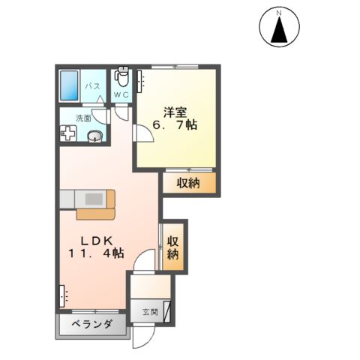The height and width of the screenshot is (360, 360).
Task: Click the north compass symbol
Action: pos(278,27)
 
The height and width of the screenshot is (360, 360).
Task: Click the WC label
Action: pos(121,96)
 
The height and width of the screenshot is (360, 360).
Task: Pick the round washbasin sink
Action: pos(94,136)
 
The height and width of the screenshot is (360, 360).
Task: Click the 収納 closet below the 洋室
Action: pos(189,184)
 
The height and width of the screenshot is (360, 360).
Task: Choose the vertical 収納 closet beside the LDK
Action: pos(173,247)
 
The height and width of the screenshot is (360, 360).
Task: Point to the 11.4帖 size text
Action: pos(97,254)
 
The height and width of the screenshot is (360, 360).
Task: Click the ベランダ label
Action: pos(92,325)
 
